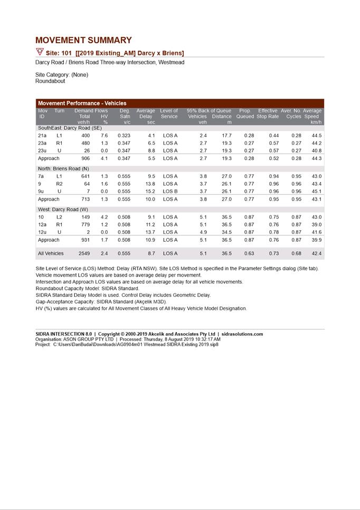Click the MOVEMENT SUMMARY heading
[83, 40]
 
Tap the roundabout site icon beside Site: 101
[40, 52]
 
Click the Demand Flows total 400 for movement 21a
[84, 136]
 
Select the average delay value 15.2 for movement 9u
[149, 191]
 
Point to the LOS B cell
[170, 191]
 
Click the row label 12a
[42, 224]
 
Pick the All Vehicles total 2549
[84, 253]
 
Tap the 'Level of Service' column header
[169, 114]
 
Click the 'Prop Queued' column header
[245, 114]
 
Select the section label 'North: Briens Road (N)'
[63, 168]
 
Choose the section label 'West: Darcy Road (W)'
[63, 210]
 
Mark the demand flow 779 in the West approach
[84, 224]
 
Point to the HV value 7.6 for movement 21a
[104, 136]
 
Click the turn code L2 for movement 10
[59, 217]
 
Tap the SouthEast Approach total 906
[84, 158]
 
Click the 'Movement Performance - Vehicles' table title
[82, 103]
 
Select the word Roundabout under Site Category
[50, 81]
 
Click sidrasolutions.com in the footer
[242, 334]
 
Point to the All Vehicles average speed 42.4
[316, 253]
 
